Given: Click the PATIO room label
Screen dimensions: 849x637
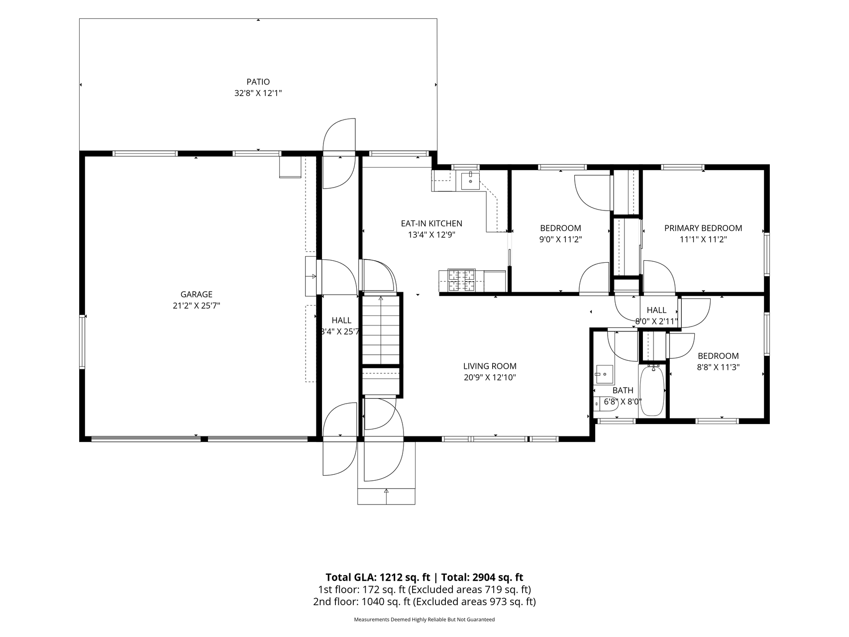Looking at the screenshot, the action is (x=258, y=82).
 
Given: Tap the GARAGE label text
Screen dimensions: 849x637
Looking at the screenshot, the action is (x=197, y=295).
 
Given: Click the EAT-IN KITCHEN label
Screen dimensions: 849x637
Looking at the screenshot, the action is (x=431, y=224).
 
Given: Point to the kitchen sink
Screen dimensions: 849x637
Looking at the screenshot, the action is (x=470, y=181).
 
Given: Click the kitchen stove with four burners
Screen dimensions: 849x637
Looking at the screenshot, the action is (x=461, y=280).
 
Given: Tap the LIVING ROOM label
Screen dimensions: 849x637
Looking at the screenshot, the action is (x=490, y=366).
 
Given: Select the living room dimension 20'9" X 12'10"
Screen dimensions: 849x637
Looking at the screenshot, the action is (x=490, y=378).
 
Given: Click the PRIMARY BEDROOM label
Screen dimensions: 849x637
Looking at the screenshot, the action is (x=703, y=228).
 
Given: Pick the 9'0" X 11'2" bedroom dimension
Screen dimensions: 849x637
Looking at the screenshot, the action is (x=560, y=239).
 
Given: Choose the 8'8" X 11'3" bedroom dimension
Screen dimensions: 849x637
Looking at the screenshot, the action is (x=718, y=367).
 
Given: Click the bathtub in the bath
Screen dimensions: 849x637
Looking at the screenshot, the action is (x=651, y=391).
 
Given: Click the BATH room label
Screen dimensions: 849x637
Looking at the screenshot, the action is (x=623, y=391).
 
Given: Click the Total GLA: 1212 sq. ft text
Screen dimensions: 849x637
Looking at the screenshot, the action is (x=378, y=577).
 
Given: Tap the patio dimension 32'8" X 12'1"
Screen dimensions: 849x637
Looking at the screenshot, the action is (x=258, y=93).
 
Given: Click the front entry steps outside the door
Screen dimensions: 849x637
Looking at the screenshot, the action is (x=386, y=496).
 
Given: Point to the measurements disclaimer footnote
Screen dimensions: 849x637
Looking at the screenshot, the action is (x=424, y=620).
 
